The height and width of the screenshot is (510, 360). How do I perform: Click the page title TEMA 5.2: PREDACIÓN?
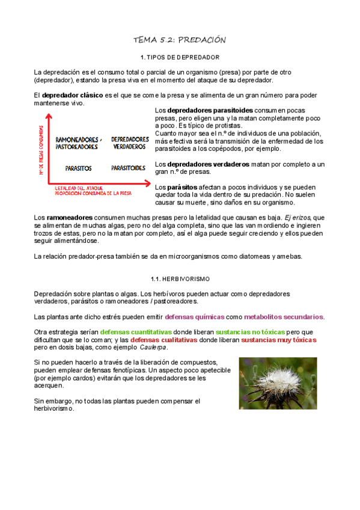179,40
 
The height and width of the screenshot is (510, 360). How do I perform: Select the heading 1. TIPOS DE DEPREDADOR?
179,58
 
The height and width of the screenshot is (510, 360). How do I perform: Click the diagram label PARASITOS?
78,168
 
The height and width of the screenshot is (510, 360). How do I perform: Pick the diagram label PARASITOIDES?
128,168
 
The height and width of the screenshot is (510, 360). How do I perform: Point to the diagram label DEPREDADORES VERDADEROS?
130,143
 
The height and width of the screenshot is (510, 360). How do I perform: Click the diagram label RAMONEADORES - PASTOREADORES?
78,143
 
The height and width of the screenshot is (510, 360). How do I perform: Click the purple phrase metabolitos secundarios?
284,316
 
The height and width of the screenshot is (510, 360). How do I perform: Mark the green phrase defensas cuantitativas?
136,332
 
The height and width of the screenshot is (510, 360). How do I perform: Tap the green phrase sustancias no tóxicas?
251,332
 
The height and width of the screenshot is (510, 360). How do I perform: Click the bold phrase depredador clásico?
72,95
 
